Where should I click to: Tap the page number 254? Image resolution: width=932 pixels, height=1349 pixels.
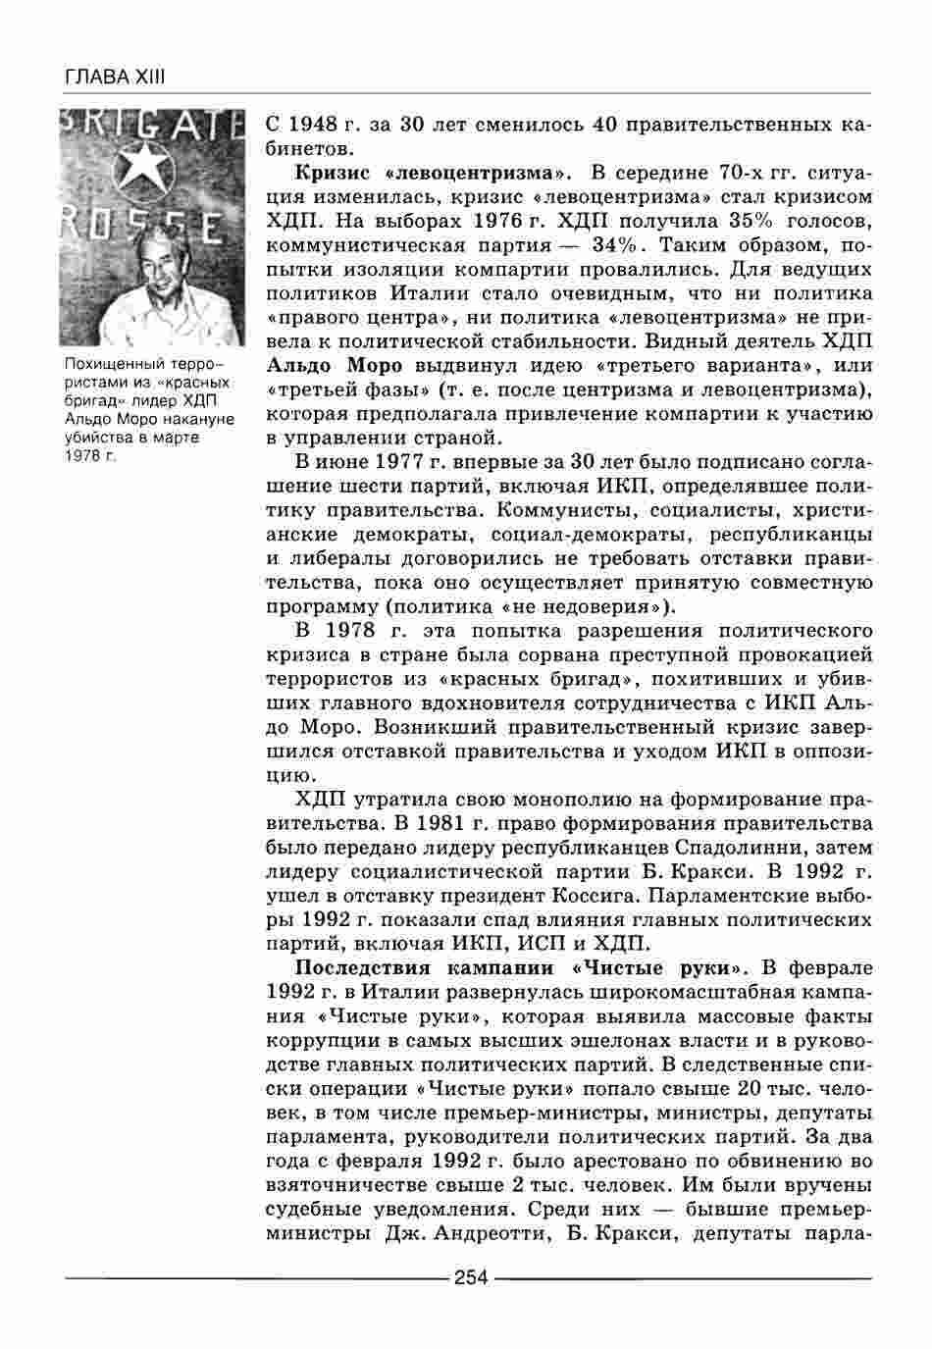(471, 1276)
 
